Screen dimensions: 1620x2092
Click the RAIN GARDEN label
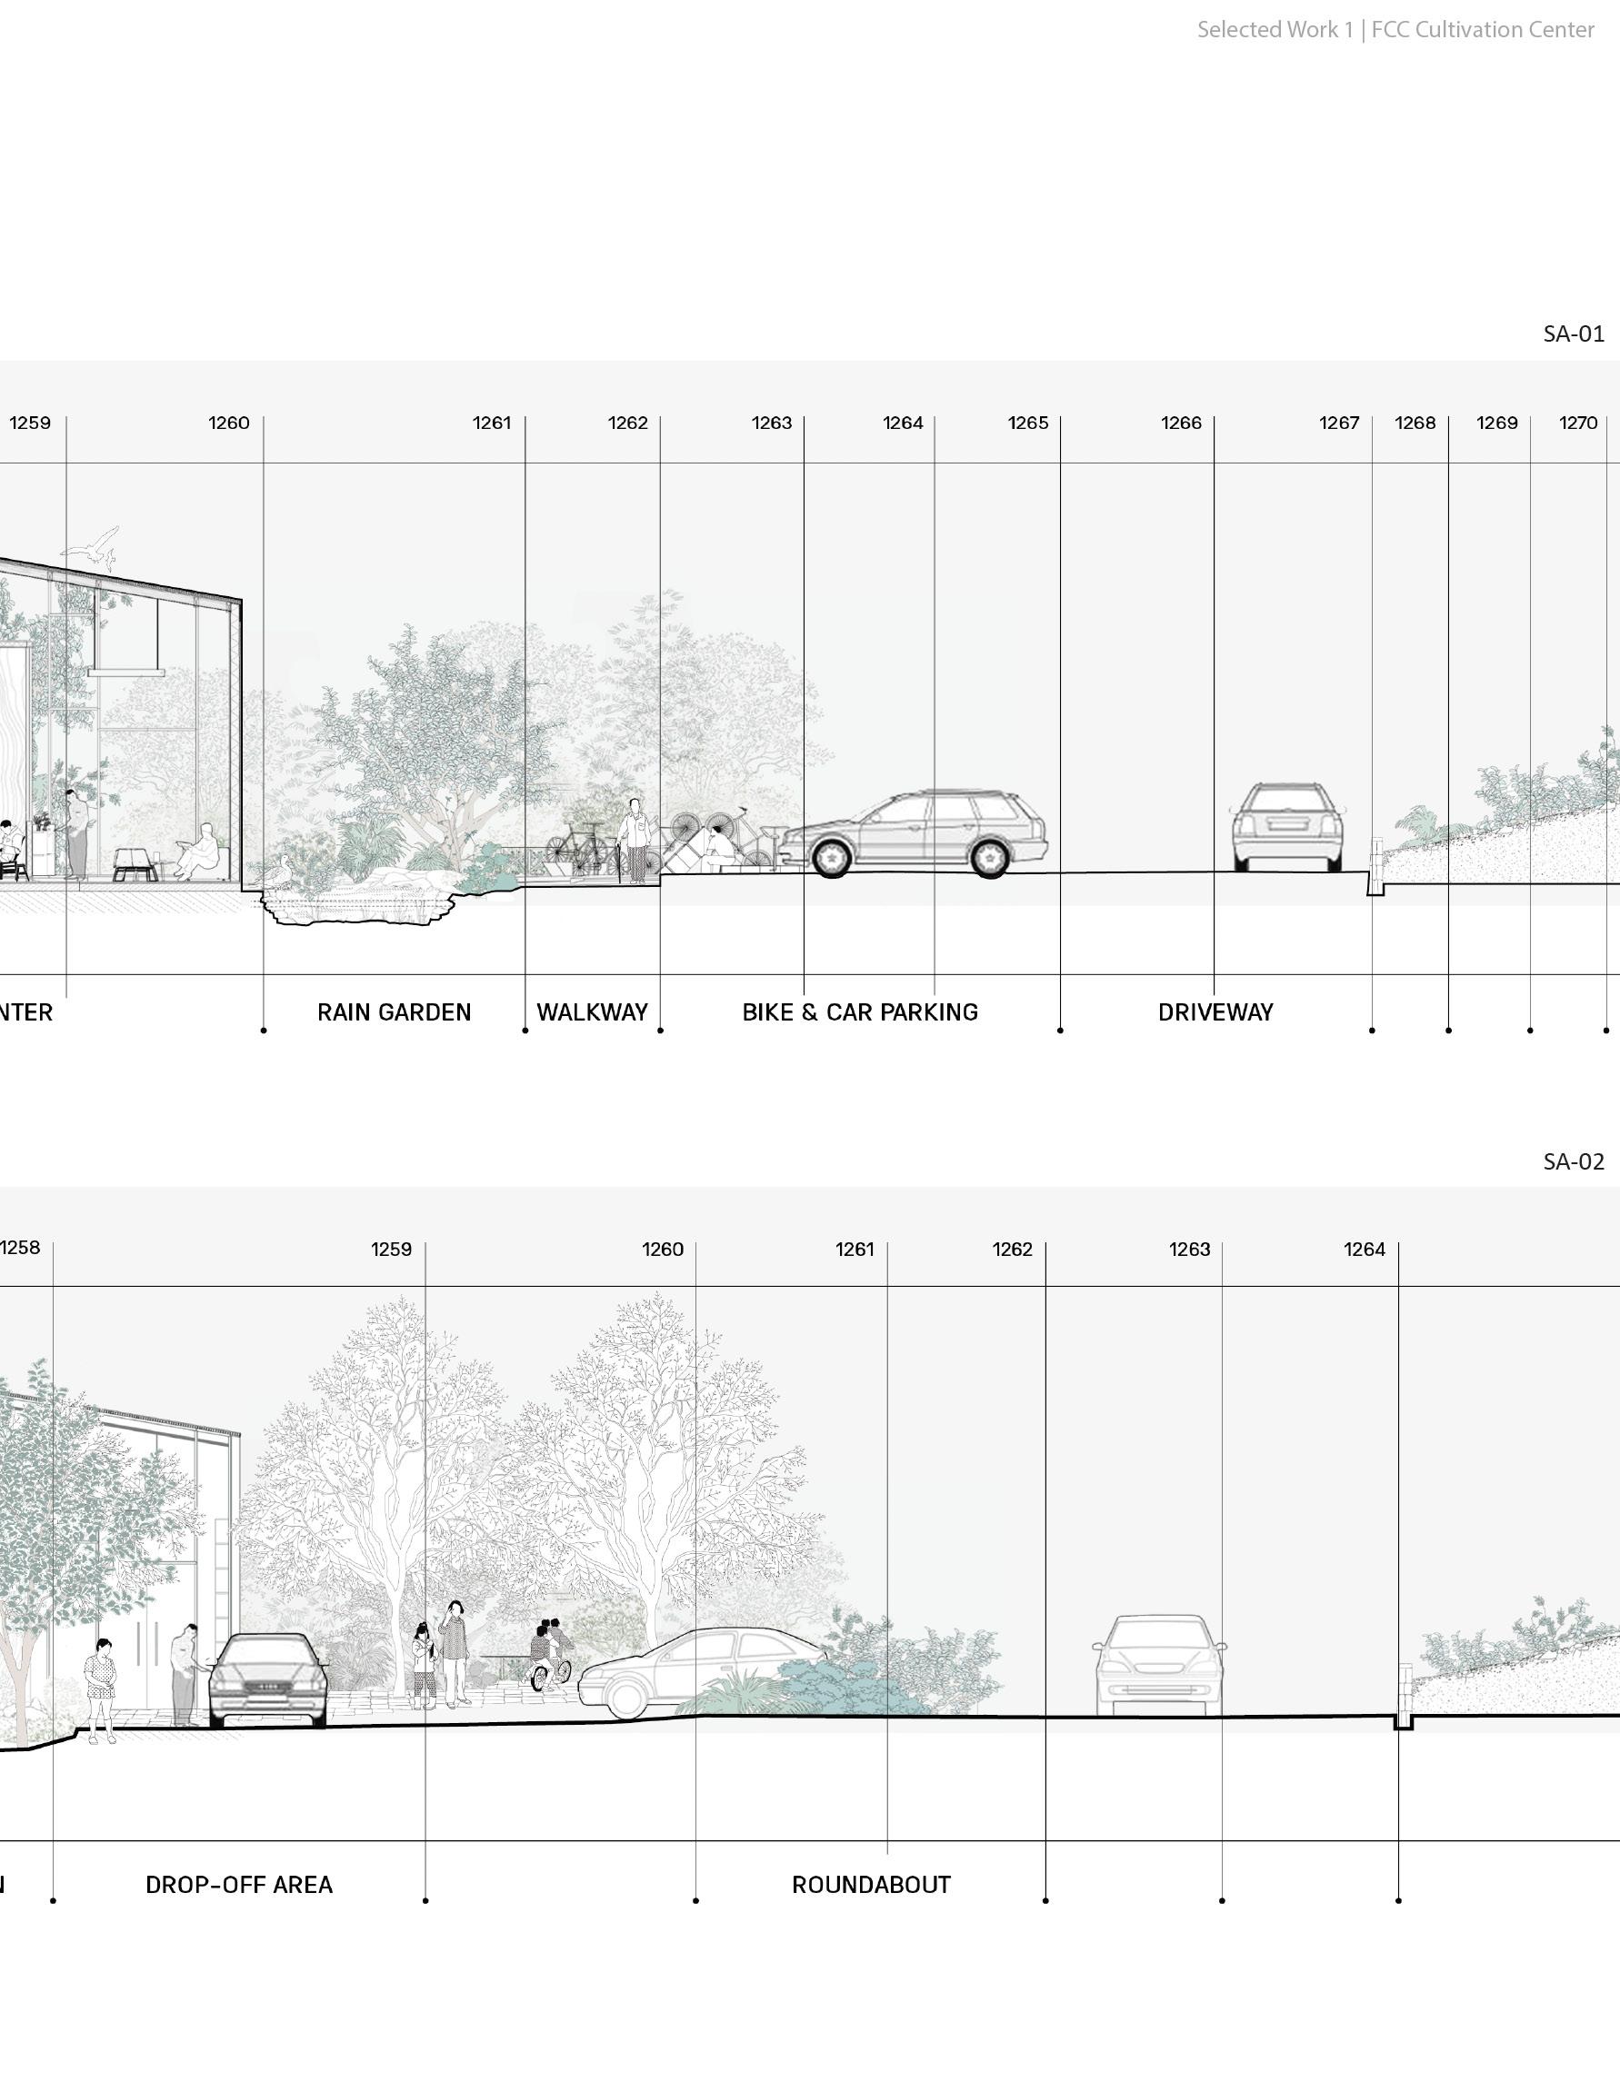[x=394, y=1012]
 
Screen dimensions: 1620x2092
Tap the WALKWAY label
[x=592, y=1012]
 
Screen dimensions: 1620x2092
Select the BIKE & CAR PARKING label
[x=859, y=1012]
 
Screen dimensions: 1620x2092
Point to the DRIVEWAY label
[x=1215, y=1012]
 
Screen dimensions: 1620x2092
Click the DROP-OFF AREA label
[x=238, y=1885]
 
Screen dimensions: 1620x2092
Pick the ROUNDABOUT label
[x=871, y=1885]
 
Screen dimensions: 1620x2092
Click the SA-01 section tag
[x=1573, y=334]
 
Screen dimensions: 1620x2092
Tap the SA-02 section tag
[x=1573, y=1162]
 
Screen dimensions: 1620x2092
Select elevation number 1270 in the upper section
[x=1578, y=423]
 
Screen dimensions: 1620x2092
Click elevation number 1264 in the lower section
[x=1365, y=1249]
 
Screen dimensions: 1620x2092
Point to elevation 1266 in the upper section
[x=1180, y=423]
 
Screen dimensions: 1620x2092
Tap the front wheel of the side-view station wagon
[x=831, y=856]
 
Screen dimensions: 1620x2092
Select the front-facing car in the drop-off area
[x=265, y=1681]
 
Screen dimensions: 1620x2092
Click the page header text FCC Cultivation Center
[x=1482, y=30]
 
